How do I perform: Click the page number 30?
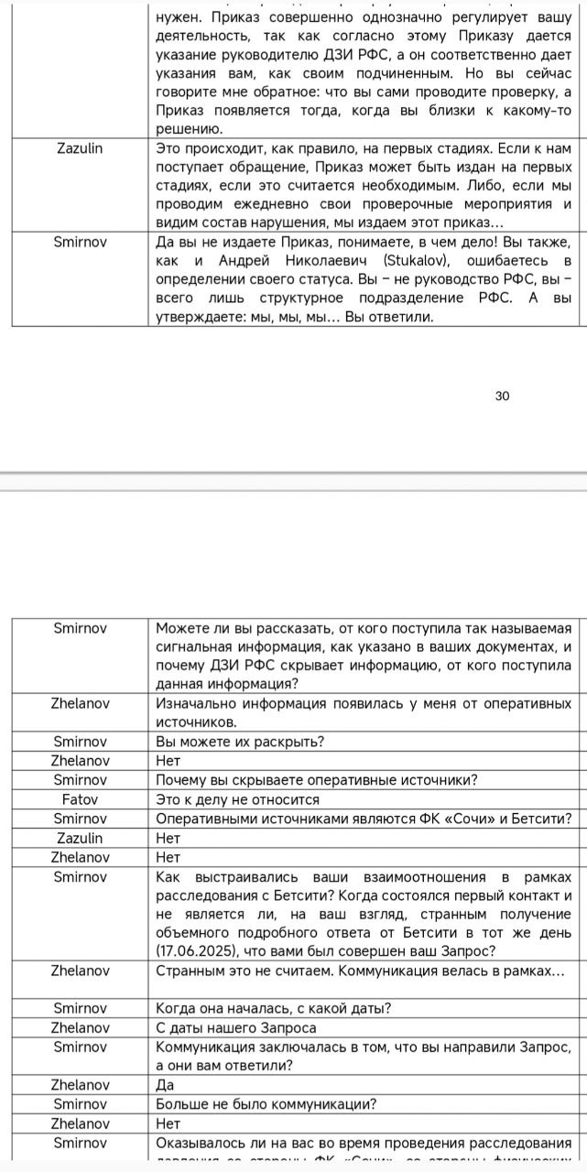[x=502, y=396]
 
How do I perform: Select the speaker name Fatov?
[x=80, y=799]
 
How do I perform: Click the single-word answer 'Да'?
[x=166, y=1085]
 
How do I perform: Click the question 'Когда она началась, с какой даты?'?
[x=274, y=1008]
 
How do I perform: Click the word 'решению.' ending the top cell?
[x=187, y=129]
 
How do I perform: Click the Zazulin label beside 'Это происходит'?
[x=80, y=148]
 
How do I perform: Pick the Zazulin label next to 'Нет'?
[x=80, y=838]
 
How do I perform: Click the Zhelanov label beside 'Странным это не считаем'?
[x=80, y=970]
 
